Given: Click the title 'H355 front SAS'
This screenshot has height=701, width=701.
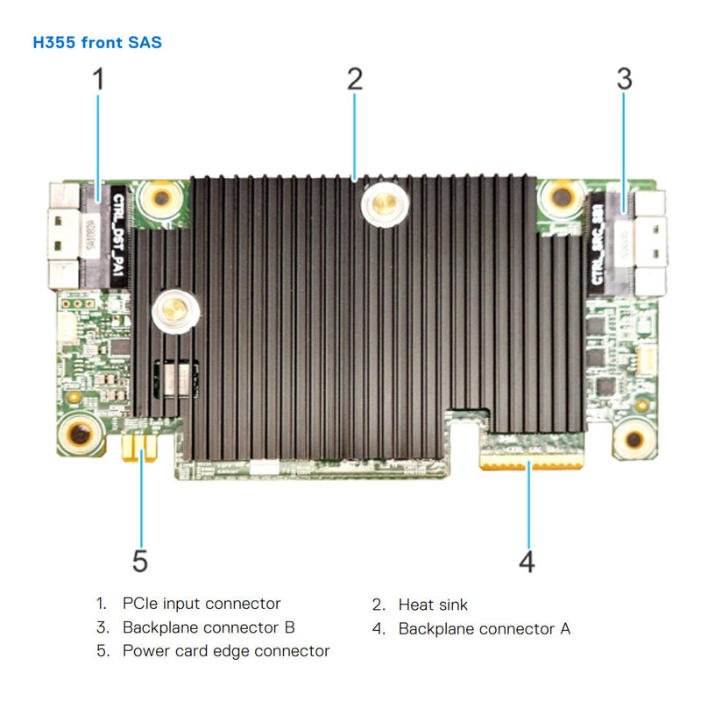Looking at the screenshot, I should (97, 42).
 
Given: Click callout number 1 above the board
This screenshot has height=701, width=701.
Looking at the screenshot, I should (98, 80).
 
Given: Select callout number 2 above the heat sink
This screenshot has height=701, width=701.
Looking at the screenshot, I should (354, 80).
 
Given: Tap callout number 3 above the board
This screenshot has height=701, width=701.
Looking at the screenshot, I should (623, 80).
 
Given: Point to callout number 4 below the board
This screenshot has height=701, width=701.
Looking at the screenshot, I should (527, 561).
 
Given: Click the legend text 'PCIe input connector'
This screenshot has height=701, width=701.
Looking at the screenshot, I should (202, 604).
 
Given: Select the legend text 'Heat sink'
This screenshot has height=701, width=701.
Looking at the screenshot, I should (433, 605).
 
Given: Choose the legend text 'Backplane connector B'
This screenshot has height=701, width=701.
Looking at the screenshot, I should (209, 627).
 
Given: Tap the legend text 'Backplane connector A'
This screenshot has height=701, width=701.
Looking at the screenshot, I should (485, 628).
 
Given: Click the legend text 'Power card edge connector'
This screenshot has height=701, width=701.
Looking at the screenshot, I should (226, 651).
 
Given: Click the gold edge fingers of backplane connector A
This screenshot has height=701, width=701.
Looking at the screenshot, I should (531, 459).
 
